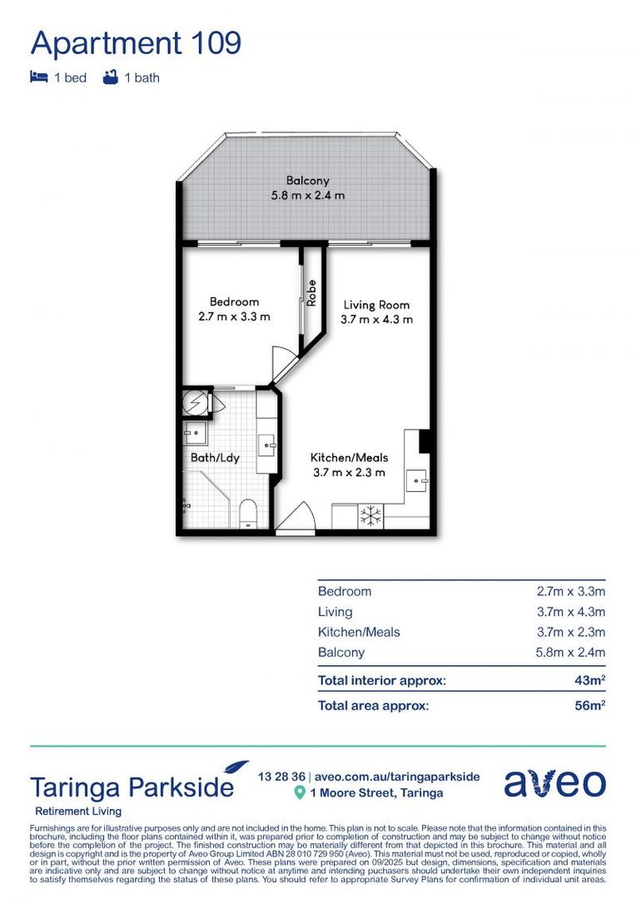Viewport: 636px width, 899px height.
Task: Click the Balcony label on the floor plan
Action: (x=307, y=180)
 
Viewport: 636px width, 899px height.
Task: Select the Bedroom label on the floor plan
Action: (x=234, y=302)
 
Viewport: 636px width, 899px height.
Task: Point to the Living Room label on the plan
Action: (x=376, y=305)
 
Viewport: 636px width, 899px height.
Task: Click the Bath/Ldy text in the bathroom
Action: (x=215, y=457)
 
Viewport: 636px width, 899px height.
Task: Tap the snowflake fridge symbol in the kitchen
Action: (x=370, y=515)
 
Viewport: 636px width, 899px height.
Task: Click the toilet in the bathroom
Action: (x=248, y=514)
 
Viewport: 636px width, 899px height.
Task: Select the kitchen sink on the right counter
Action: (x=415, y=480)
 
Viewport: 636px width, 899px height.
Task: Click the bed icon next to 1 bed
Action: (x=38, y=77)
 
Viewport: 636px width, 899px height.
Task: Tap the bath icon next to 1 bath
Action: (x=109, y=77)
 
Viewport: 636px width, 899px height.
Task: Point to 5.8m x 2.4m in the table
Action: (x=570, y=653)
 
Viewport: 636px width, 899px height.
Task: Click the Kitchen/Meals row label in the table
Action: (x=359, y=632)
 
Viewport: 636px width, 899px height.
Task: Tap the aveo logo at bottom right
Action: (x=554, y=783)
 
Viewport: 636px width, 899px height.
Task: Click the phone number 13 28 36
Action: (x=281, y=776)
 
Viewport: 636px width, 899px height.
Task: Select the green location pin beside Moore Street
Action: (x=299, y=793)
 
